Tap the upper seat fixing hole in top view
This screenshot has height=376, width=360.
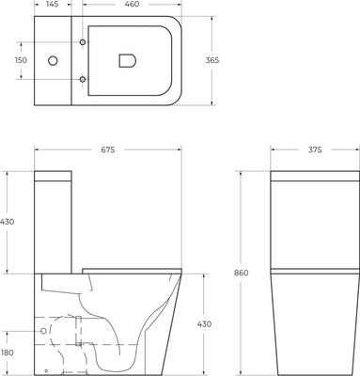point(84,44)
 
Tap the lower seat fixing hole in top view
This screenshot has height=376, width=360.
point(84,78)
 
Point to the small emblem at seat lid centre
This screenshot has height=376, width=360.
point(126,61)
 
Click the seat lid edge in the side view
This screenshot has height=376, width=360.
point(132,270)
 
